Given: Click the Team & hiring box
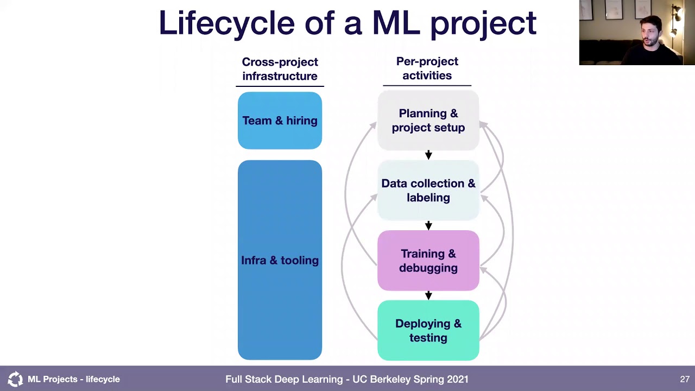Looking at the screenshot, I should (x=280, y=121).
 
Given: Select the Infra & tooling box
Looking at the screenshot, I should (x=280, y=260).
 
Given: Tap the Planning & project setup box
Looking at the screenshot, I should (x=428, y=121).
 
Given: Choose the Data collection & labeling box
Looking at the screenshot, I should (x=428, y=191).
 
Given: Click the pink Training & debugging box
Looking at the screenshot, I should (x=428, y=261).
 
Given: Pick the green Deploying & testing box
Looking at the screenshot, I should (x=428, y=330).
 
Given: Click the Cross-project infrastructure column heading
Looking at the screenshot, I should (x=280, y=69).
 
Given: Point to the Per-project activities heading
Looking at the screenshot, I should (x=427, y=68).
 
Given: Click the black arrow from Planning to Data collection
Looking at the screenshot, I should (x=428, y=155).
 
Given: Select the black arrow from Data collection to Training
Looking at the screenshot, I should (x=428, y=225).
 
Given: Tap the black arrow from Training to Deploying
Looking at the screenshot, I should (x=428, y=295).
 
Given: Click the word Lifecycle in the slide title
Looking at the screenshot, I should (x=226, y=23).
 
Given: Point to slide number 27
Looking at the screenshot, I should (x=684, y=379).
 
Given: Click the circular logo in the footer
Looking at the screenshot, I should (x=15, y=379).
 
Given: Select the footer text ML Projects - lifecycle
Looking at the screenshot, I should (x=74, y=379).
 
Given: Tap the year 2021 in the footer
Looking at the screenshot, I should (x=457, y=379).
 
